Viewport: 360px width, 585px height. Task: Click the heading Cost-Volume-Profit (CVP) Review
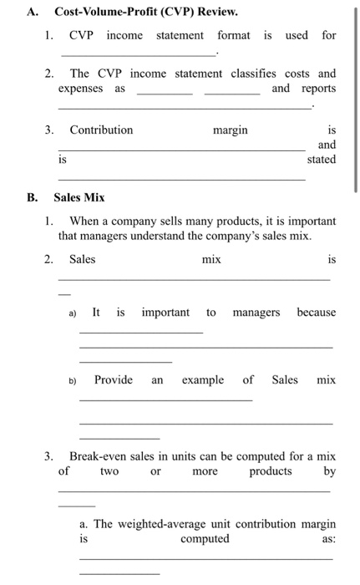(x=145, y=12)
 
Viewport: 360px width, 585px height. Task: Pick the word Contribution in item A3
(x=100, y=130)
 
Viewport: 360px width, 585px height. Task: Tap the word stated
(x=322, y=158)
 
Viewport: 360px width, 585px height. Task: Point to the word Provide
(x=113, y=379)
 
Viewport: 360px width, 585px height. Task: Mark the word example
(x=203, y=379)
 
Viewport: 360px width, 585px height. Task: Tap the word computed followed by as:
(x=204, y=538)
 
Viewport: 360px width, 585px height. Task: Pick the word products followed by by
(x=271, y=471)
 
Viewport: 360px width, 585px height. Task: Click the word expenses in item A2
(x=81, y=88)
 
